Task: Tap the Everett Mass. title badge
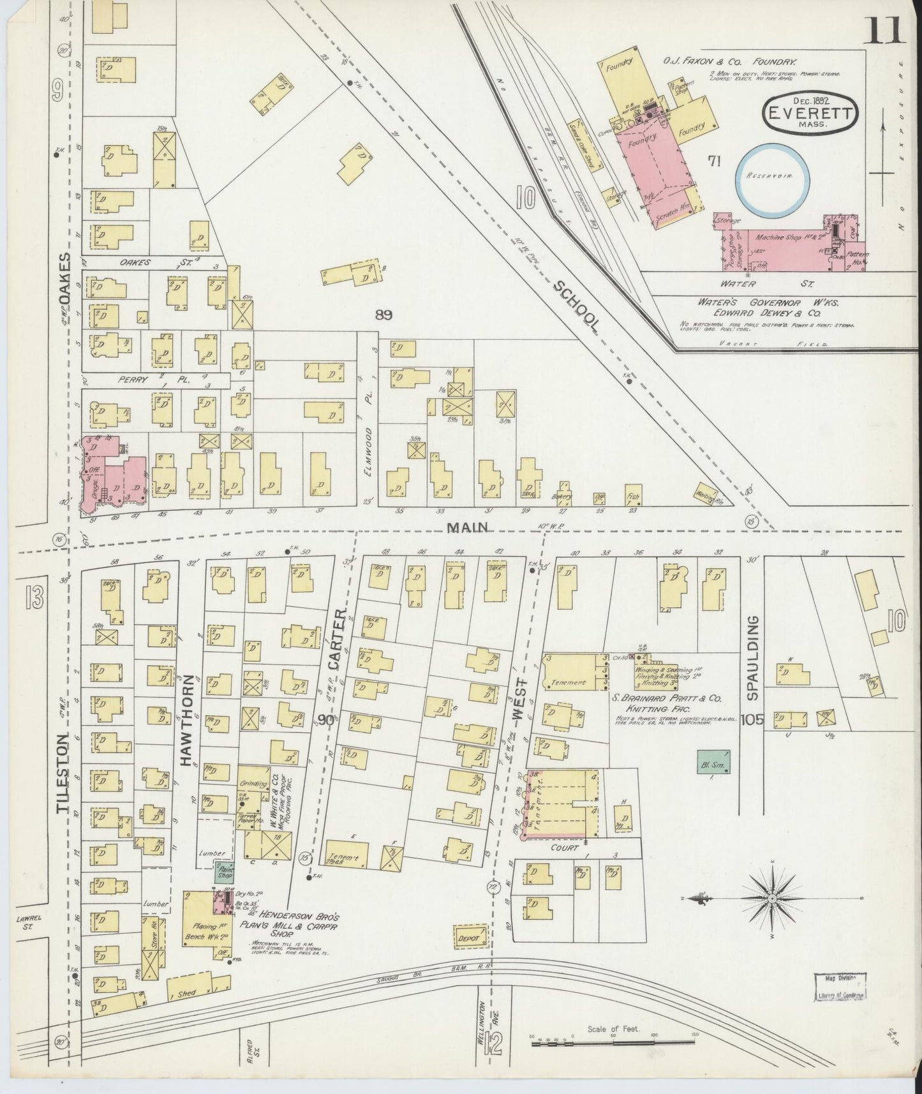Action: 810,115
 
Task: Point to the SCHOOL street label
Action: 576,306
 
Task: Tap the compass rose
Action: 771,898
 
